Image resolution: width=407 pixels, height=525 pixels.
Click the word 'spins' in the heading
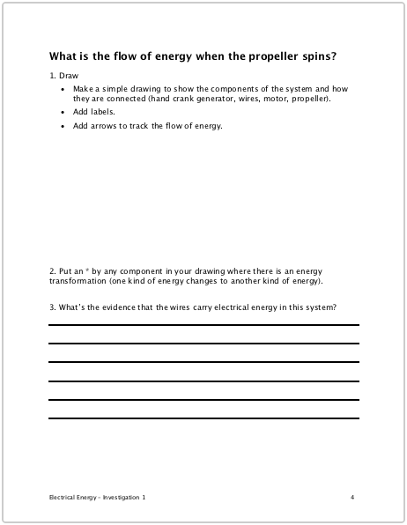(316, 56)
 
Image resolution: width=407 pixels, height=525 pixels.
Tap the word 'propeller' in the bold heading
(263, 56)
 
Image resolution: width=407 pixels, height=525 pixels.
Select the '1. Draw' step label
(64, 77)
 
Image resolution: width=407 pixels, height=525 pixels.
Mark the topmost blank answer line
(203, 325)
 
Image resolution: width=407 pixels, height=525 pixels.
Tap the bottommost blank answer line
(203, 418)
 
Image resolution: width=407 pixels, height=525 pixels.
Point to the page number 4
(352, 498)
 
